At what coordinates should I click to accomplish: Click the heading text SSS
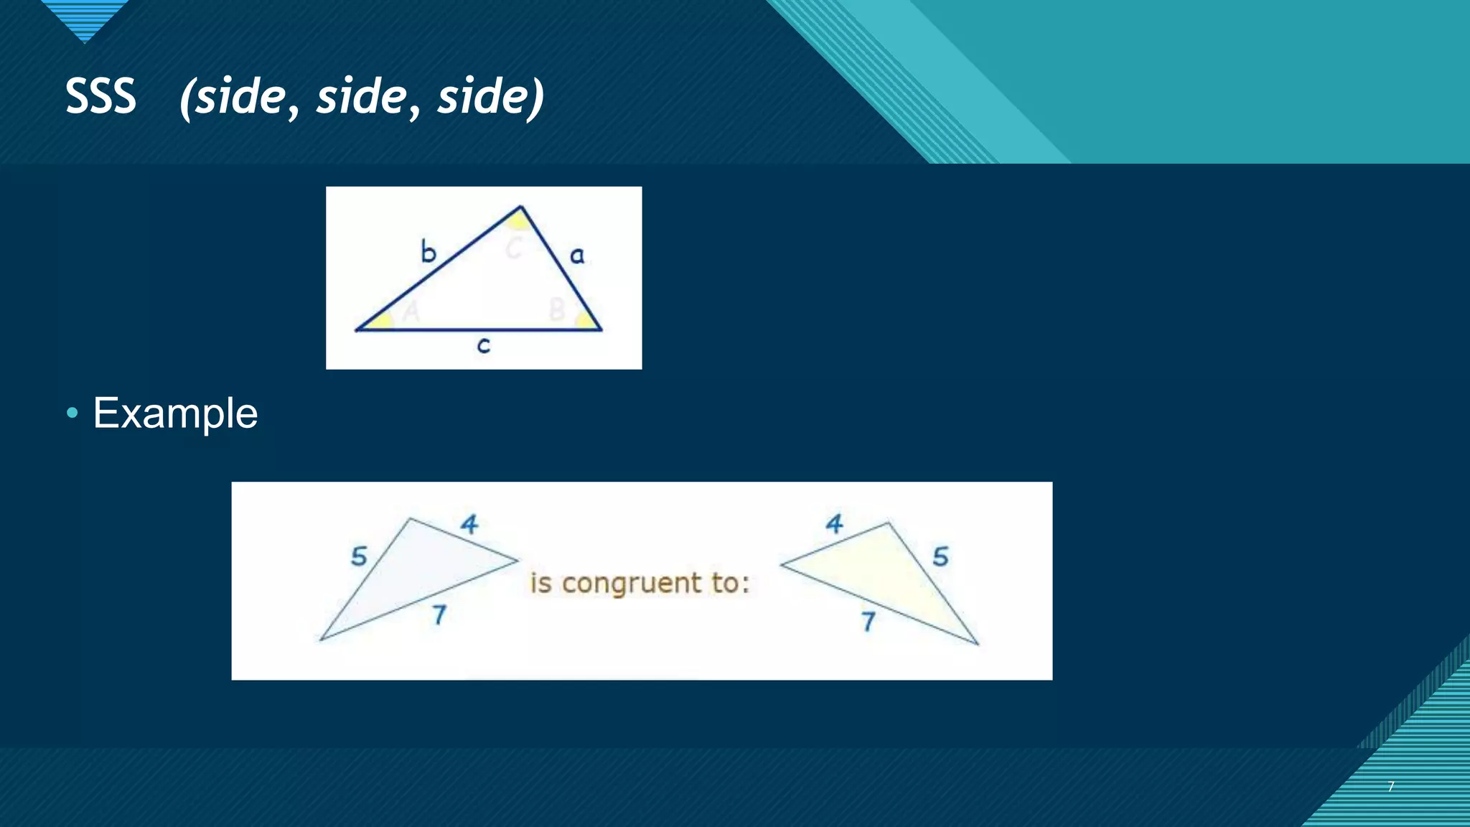(x=100, y=96)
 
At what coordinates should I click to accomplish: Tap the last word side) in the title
(x=491, y=98)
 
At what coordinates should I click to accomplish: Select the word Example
(x=175, y=413)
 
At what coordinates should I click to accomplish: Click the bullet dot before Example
(x=72, y=413)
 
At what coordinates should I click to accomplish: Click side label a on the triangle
(x=577, y=255)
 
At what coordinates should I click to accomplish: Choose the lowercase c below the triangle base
(x=484, y=346)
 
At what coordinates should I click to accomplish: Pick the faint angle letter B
(x=556, y=310)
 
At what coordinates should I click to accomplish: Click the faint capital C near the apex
(x=513, y=248)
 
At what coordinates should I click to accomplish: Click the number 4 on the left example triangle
(x=469, y=524)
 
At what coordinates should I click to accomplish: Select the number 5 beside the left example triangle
(x=359, y=556)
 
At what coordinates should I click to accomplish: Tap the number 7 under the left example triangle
(x=439, y=615)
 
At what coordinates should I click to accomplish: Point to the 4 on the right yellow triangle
(x=834, y=524)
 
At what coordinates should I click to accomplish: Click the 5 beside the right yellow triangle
(x=940, y=556)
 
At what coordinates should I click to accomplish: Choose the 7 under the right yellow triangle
(x=869, y=621)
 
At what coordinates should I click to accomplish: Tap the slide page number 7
(x=1391, y=787)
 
